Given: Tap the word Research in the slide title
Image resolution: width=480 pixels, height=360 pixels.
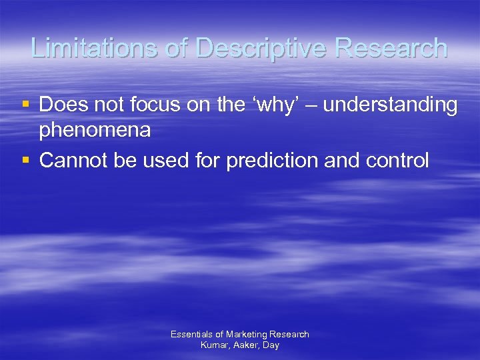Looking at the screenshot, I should point(391,48).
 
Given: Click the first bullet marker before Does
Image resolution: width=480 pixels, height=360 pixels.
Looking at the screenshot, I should point(25,105).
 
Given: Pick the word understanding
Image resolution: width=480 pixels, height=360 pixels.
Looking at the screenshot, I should point(392,105).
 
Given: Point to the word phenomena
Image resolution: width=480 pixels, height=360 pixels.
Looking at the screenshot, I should point(95,131).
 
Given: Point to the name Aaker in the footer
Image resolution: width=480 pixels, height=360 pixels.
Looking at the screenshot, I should point(245,345).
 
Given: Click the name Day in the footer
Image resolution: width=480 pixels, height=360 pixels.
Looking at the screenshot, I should point(271,345).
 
